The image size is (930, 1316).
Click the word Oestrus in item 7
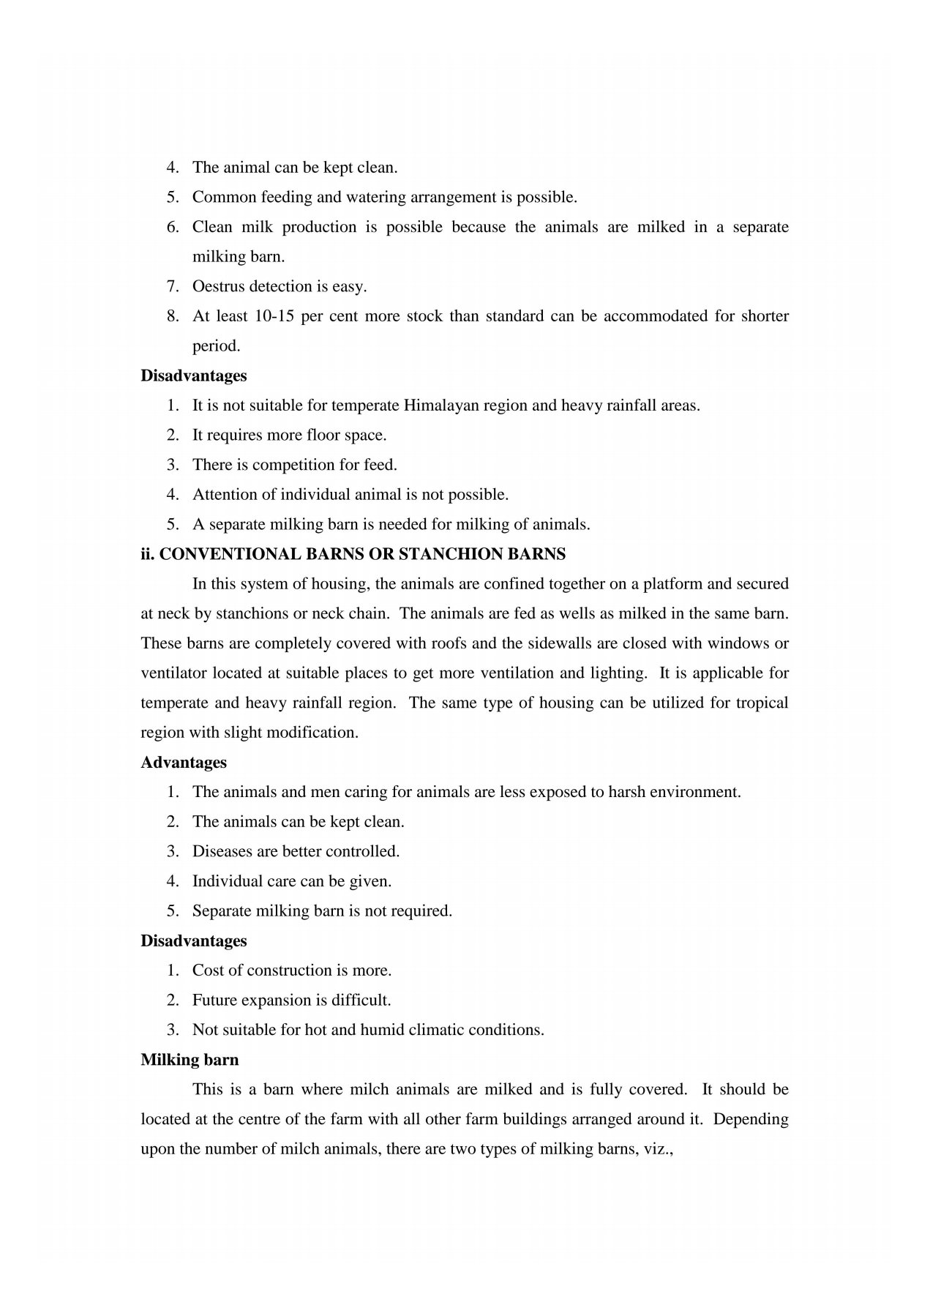click(x=218, y=287)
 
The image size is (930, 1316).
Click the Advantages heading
click(x=184, y=763)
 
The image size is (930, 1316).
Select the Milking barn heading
click(x=190, y=1060)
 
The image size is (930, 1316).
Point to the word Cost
click(x=207, y=971)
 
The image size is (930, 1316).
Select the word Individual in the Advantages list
click(x=227, y=881)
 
